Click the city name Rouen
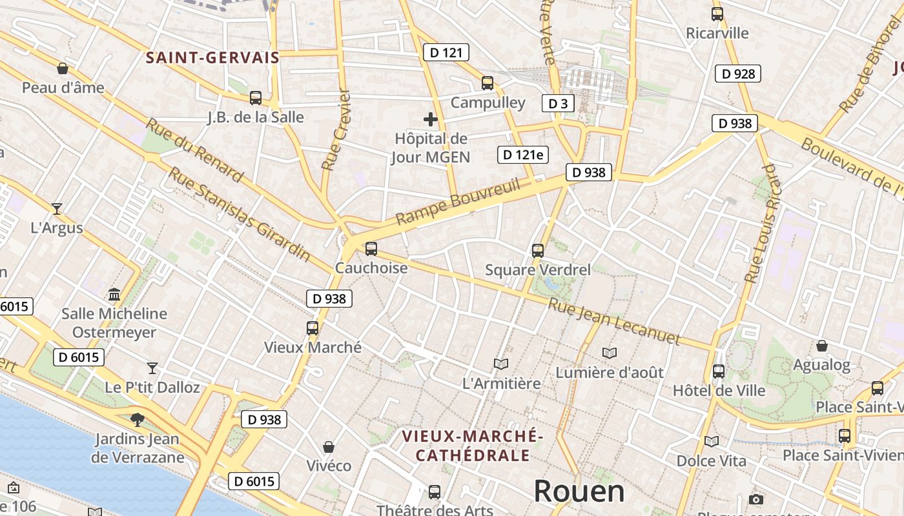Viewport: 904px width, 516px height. pyautogui.click(x=579, y=491)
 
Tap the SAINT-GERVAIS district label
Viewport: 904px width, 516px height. pyautogui.click(x=212, y=58)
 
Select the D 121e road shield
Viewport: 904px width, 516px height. pyautogui.click(x=522, y=154)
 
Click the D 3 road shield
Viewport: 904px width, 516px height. pyautogui.click(x=557, y=103)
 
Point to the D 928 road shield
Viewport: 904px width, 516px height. pyautogui.click(x=738, y=74)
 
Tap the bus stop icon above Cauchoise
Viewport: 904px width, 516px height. pyautogui.click(x=371, y=249)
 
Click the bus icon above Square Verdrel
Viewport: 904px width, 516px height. pyautogui.click(x=538, y=251)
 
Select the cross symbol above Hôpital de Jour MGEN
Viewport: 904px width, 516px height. pyautogui.click(x=431, y=119)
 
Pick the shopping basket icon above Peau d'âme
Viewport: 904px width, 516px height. pyautogui.click(x=63, y=68)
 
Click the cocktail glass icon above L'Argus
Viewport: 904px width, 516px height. pyautogui.click(x=57, y=209)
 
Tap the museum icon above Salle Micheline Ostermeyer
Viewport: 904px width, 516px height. pyautogui.click(x=114, y=295)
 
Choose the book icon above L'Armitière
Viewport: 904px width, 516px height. pyautogui.click(x=501, y=364)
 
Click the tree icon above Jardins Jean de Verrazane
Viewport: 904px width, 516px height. pyautogui.click(x=138, y=420)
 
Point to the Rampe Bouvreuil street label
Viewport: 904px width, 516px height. pyautogui.click(x=458, y=203)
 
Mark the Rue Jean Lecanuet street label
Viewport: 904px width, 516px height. pyautogui.click(x=613, y=321)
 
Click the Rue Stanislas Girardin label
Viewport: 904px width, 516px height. pyautogui.click(x=240, y=214)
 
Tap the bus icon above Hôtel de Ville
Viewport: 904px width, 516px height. pyautogui.click(x=719, y=372)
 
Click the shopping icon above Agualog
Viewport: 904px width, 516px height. pyautogui.click(x=822, y=346)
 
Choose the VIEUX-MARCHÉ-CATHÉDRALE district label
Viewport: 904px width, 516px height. pyautogui.click(x=472, y=446)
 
